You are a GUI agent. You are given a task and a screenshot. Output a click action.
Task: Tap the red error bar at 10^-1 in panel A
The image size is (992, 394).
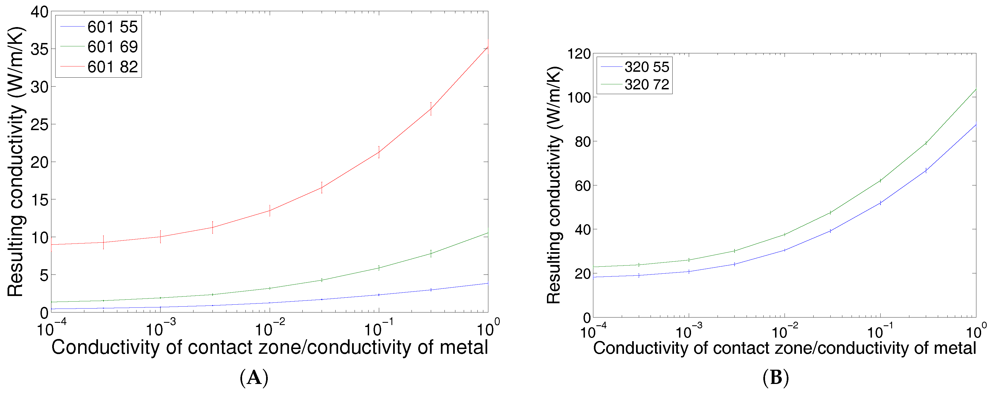tap(379, 152)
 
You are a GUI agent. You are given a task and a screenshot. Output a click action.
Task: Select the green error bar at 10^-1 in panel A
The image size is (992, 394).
tap(379, 268)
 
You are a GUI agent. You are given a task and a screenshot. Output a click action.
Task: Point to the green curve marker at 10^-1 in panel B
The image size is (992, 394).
tap(880, 181)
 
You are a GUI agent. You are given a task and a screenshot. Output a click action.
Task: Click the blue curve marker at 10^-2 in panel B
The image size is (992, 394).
tap(785, 250)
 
